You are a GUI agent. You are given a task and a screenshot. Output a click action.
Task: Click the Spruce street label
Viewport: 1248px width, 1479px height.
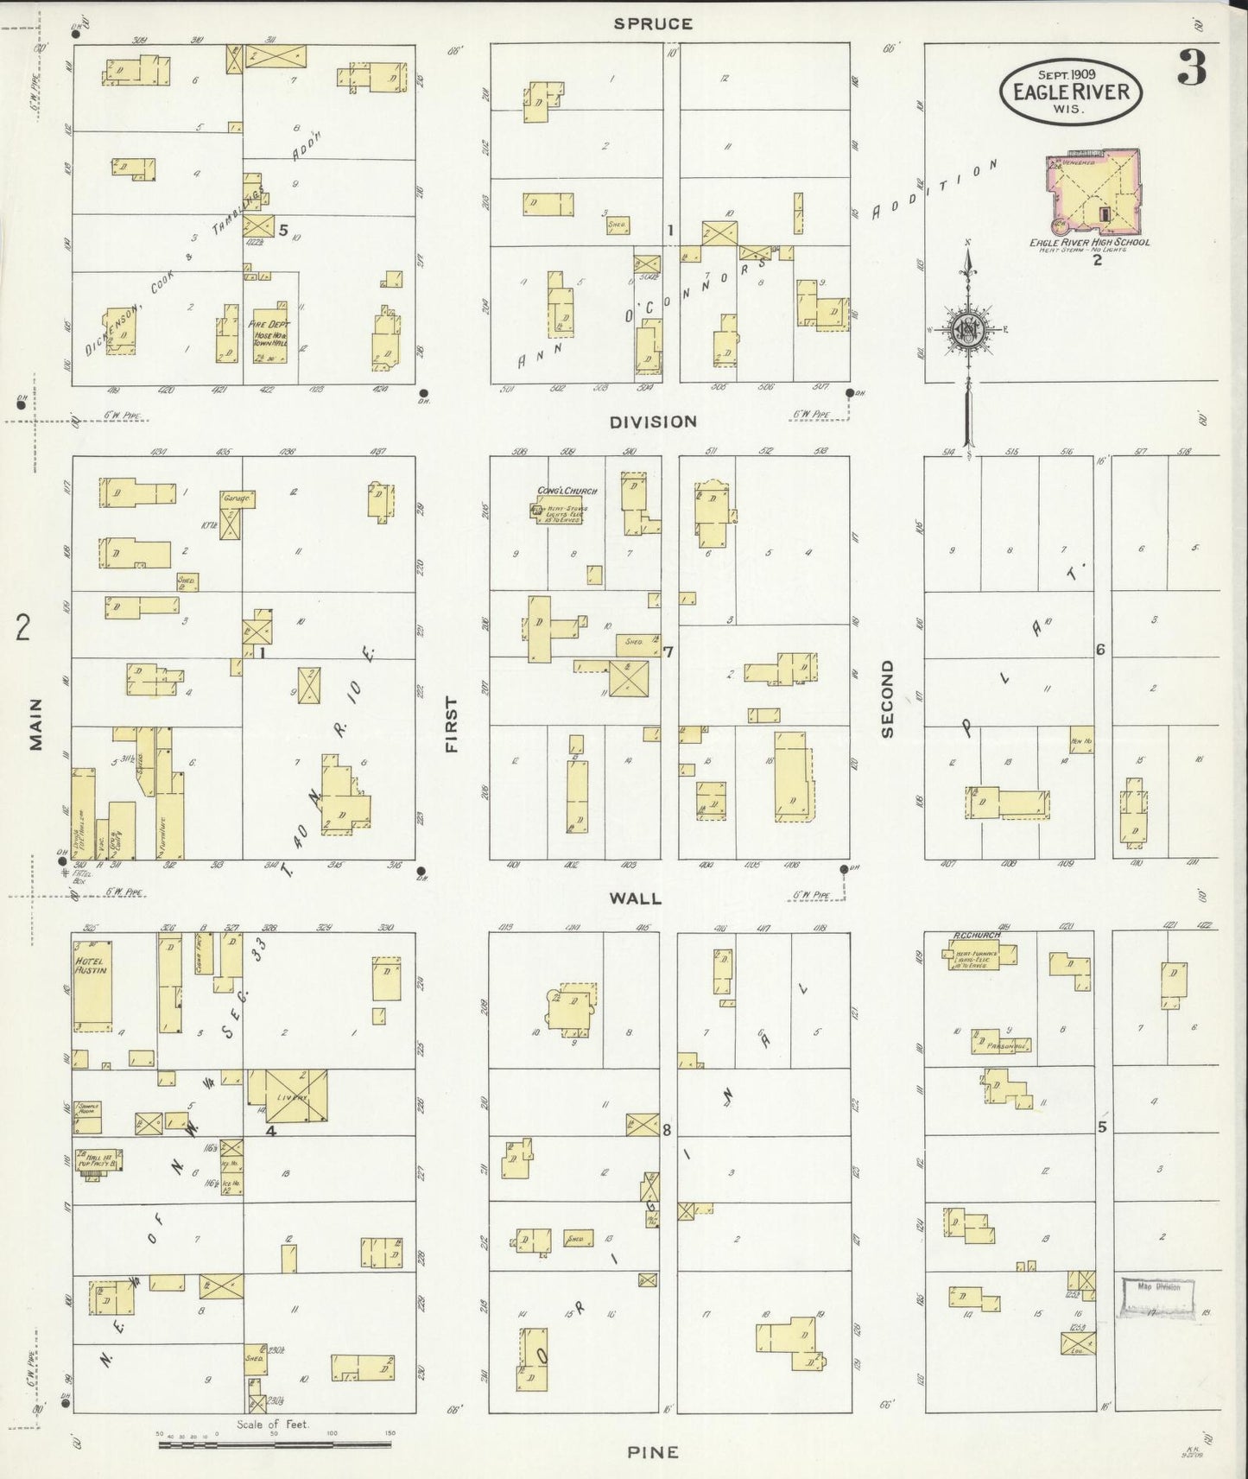[x=653, y=24]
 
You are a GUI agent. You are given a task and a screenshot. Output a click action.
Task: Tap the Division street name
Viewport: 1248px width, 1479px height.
[x=653, y=422]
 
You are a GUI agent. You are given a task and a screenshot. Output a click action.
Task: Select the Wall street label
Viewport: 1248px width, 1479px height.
[x=635, y=898]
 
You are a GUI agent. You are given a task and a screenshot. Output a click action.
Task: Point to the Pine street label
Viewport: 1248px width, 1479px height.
[x=653, y=1451]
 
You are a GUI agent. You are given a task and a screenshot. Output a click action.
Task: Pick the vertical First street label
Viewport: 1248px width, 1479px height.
[x=450, y=725]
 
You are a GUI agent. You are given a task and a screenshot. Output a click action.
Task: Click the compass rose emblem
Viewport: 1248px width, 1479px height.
[x=968, y=331]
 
